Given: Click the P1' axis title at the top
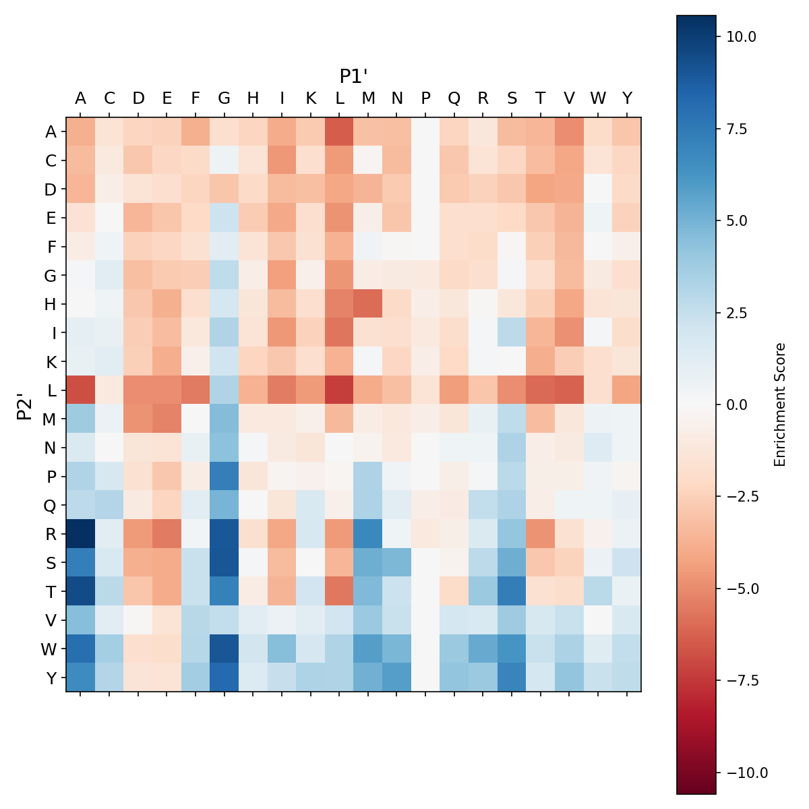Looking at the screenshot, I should pyautogui.click(x=353, y=76).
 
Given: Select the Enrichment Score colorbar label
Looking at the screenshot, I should pyautogui.click(x=780, y=404).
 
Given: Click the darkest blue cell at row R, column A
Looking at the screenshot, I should pyautogui.click(x=80, y=534).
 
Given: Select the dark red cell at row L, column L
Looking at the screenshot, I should pyautogui.click(x=339, y=390).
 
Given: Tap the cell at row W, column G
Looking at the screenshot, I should pyautogui.click(x=224, y=649).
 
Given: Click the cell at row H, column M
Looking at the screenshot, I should pyautogui.click(x=368, y=304).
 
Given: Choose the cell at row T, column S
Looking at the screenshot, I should pyautogui.click(x=512, y=591).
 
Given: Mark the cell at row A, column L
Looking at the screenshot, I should pyautogui.click(x=339, y=131).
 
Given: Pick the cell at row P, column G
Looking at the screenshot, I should pyautogui.click(x=224, y=477).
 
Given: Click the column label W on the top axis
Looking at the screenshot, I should pyautogui.click(x=598, y=98).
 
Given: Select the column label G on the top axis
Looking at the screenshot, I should pyautogui.click(x=224, y=98).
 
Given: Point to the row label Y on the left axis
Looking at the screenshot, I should pyautogui.click(x=51, y=678).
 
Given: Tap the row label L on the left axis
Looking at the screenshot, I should pyautogui.click(x=51, y=390).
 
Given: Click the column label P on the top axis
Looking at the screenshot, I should pyautogui.click(x=425, y=98).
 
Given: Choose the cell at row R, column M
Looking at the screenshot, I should pyautogui.click(x=368, y=534).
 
